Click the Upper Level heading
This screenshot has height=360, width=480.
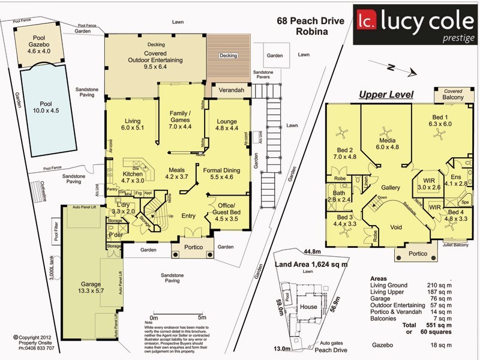[x=386, y=95]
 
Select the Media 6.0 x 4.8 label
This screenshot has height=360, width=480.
[x=386, y=143]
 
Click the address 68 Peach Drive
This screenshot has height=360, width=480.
[x=310, y=21]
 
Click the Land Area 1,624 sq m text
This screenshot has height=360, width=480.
[x=311, y=264]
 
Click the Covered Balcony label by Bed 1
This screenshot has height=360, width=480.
[x=453, y=94]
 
